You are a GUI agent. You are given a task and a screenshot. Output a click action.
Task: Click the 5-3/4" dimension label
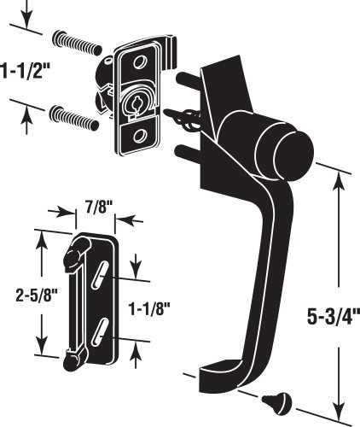point(334,318)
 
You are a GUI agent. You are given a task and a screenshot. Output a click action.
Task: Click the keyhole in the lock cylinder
point(134,106)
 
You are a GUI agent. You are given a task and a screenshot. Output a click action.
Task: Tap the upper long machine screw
point(77,42)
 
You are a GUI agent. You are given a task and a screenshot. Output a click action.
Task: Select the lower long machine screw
point(74,119)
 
